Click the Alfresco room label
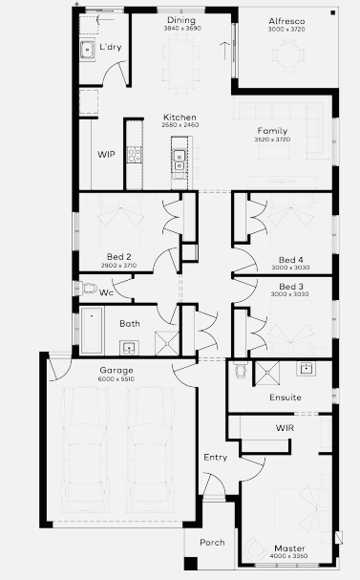coord(286,21)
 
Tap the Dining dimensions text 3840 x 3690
coord(182,29)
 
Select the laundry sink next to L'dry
coord(88,50)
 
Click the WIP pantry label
coord(106,154)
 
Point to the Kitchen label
coord(180,118)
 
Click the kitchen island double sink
coord(180,161)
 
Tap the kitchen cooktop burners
coord(135,154)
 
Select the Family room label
coord(272,131)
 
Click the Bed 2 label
coord(119,257)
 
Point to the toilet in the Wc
coord(87,288)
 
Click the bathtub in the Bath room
coord(92,330)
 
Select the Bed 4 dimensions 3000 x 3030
coord(290,268)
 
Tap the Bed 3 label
coord(291,287)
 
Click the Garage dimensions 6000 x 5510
coord(116,379)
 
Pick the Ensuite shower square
coord(266,373)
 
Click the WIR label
coord(285,428)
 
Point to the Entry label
coord(216,458)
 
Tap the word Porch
coord(212,543)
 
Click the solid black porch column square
coord(191,564)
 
